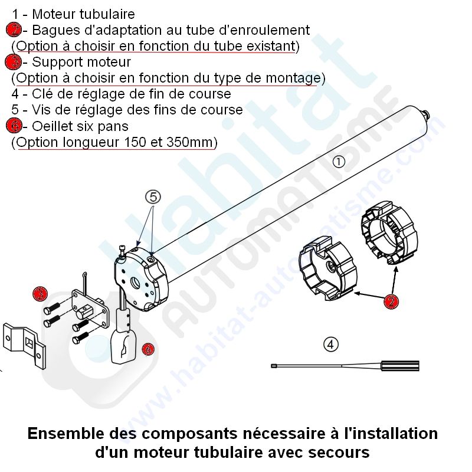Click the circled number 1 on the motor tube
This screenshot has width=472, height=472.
point(338,162)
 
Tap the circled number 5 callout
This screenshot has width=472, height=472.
point(153,197)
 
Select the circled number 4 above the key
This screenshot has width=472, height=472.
point(331,345)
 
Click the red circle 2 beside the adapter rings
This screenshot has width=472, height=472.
point(391,301)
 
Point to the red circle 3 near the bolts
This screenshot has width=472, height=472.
point(40,294)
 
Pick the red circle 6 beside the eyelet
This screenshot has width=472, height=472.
point(148,349)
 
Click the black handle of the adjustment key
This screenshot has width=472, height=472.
point(401,366)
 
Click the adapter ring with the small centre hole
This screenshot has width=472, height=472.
point(327,269)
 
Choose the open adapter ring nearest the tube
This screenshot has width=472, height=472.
point(389,232)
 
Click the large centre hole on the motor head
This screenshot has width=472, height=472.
point(135,283)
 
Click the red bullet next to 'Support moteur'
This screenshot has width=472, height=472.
point(14,63)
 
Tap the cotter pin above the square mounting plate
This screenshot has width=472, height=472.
point(86,283)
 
